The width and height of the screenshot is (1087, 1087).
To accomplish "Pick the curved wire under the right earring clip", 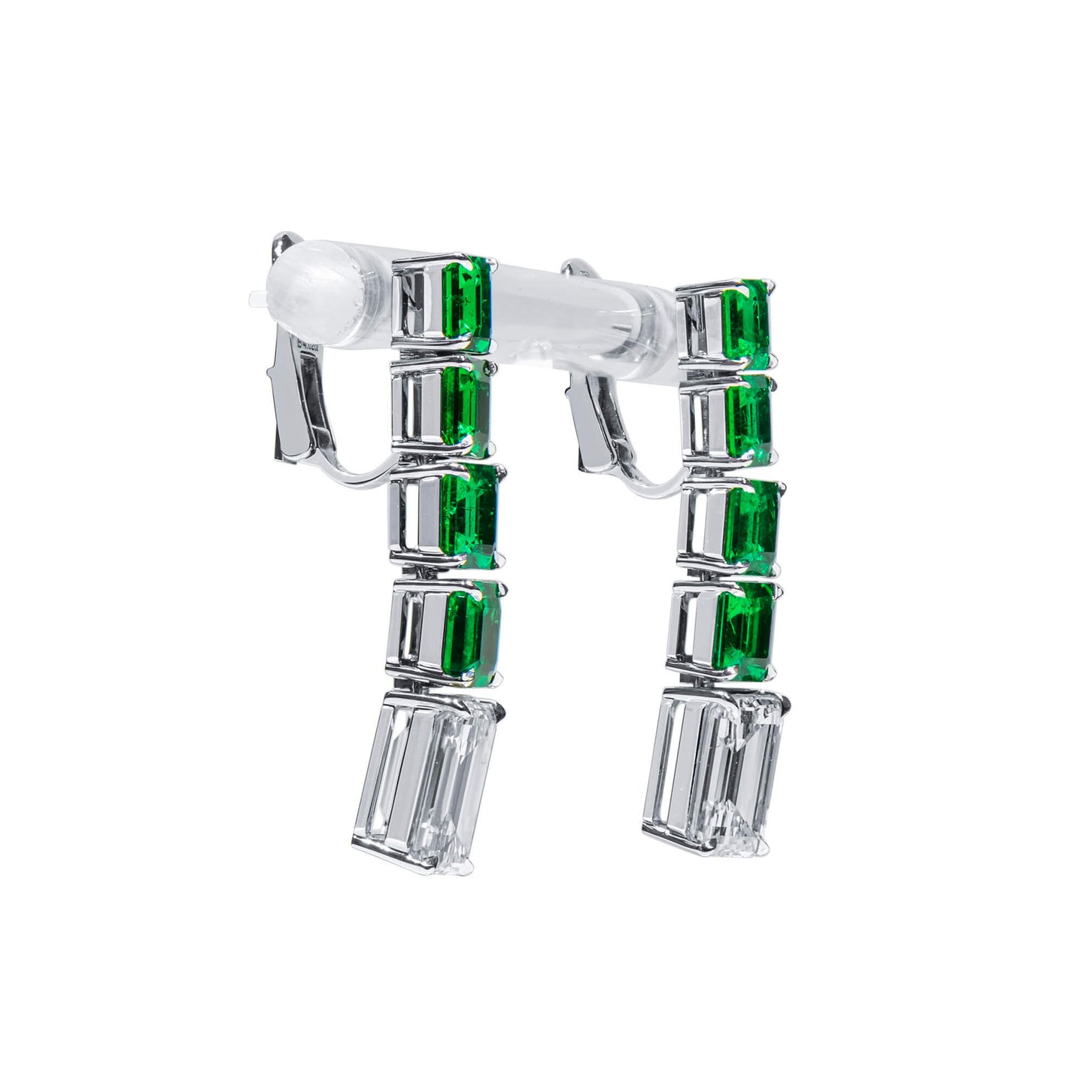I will (x=647, y=489).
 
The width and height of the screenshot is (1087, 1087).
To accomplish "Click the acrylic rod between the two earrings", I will (x=579, y=308).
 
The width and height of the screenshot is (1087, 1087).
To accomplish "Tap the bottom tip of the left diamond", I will (x=436, y=876).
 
